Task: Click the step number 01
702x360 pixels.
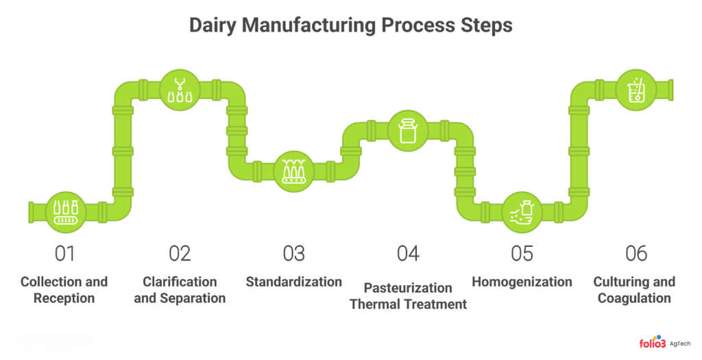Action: (64, 254)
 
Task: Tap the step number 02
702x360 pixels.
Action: (180, 254)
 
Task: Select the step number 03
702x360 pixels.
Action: (293, 254)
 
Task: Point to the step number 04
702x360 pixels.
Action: (408, 254)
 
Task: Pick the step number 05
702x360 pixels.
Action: (522, 254)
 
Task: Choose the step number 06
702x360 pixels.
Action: (636, 254)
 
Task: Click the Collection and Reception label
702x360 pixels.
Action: (64, 289)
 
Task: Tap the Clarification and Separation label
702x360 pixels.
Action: (180, 289)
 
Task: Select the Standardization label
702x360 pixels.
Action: (293, 282)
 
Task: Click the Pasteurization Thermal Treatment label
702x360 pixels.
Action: (408, 296)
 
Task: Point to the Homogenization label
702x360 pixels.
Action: (522, 282)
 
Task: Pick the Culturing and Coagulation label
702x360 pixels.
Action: (634, 289)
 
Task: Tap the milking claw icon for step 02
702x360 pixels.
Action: (180, 90)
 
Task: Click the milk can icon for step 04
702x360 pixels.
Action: (409, 131)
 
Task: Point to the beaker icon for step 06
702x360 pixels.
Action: (637, 90)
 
